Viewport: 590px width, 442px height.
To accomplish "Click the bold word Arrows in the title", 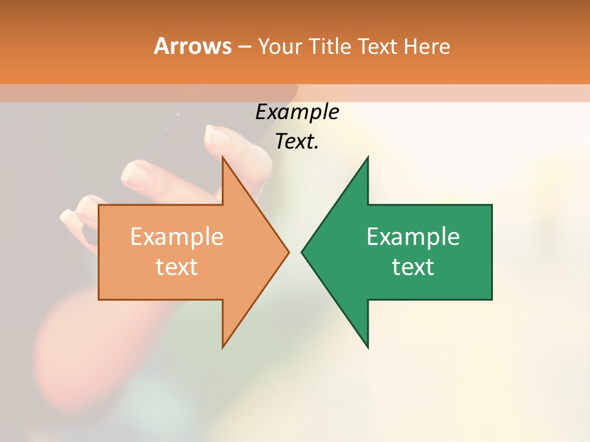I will point(192,46).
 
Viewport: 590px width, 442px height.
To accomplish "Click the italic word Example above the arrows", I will point(297,112).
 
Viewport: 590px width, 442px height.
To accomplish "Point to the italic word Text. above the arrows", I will point(297,142).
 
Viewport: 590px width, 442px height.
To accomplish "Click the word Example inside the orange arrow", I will point(177,236).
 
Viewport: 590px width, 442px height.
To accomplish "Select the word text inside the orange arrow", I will point(177,266).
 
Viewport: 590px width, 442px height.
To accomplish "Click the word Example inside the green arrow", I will point(413,236).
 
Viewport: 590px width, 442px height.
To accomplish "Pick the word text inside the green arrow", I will point(413,266).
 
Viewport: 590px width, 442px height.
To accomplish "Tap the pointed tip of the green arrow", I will point(302,252).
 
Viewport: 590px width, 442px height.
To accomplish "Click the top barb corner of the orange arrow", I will point(222,157).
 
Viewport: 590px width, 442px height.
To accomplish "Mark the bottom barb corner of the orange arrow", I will point(222,347).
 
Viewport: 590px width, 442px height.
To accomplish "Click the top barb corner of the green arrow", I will point(368,157).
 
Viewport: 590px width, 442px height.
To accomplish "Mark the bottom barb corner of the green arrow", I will point(368,347).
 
